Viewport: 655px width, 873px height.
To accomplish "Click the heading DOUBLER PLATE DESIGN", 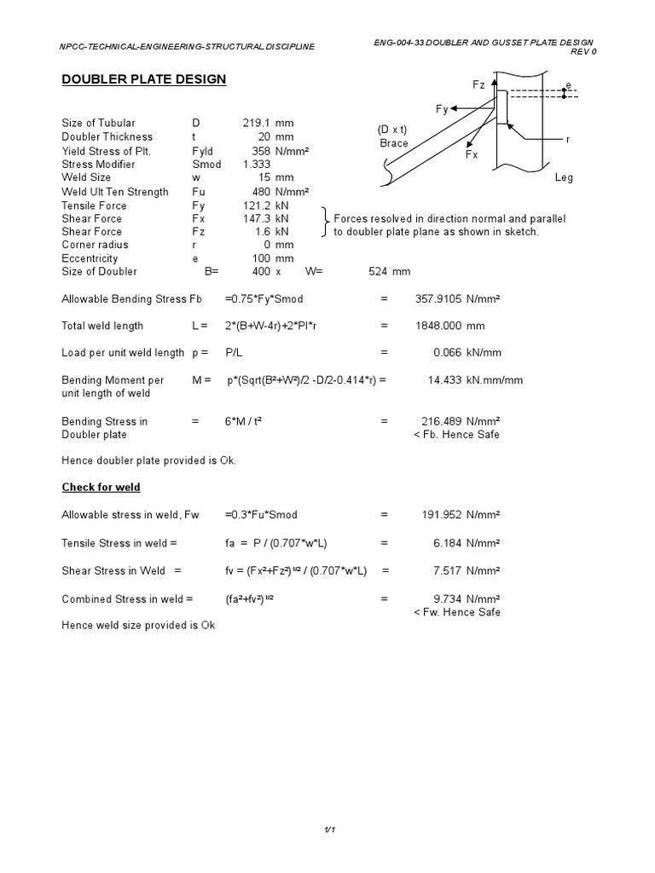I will point(144,79).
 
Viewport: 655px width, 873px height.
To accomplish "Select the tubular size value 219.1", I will point(256,123).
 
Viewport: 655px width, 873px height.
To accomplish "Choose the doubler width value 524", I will point(378,272).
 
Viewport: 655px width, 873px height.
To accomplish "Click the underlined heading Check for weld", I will point(101,487).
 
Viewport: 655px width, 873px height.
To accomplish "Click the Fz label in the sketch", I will point(478,85).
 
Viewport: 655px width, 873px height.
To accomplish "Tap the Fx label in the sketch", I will point(472,156).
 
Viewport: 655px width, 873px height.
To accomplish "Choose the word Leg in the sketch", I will point(565,178).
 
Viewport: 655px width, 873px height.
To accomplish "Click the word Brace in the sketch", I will point(393,143).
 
